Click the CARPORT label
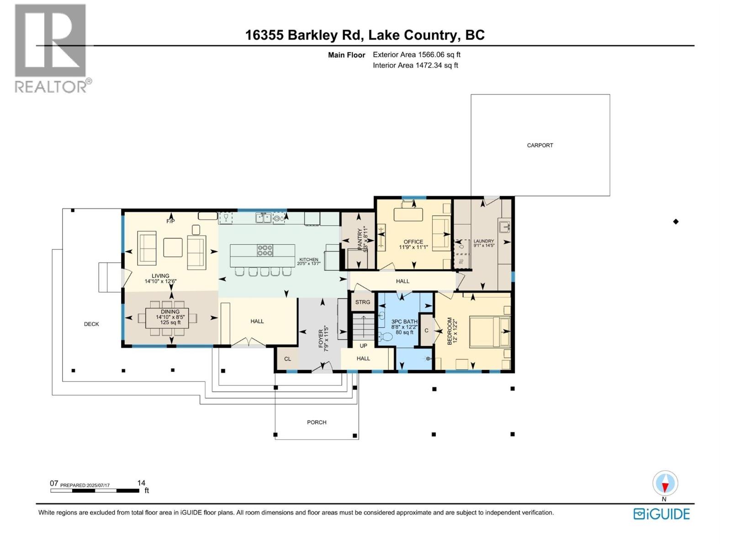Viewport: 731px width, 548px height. click(540, 145)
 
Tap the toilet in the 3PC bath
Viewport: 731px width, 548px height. click(386, 337)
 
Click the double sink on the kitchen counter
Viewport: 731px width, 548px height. click(263, 218)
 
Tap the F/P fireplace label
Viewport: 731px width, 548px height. click(170, 221)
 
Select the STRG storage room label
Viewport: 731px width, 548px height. click(363, 302)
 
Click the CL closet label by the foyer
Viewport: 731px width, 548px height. click(287, 359)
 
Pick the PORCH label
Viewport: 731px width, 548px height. click(317, 422)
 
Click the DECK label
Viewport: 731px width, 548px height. click(91, 324)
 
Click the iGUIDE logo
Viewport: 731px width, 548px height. click(662, 514)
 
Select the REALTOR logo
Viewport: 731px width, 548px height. click(51, 48)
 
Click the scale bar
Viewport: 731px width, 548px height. click(95, 491)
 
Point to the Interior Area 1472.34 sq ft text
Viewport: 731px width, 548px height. click(415, 65)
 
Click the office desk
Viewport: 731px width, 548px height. click(408, 214)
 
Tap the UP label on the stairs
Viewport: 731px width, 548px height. click(363, 346)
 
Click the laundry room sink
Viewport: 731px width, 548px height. click(504, 226)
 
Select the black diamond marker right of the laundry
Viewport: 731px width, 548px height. click(676, 222)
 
